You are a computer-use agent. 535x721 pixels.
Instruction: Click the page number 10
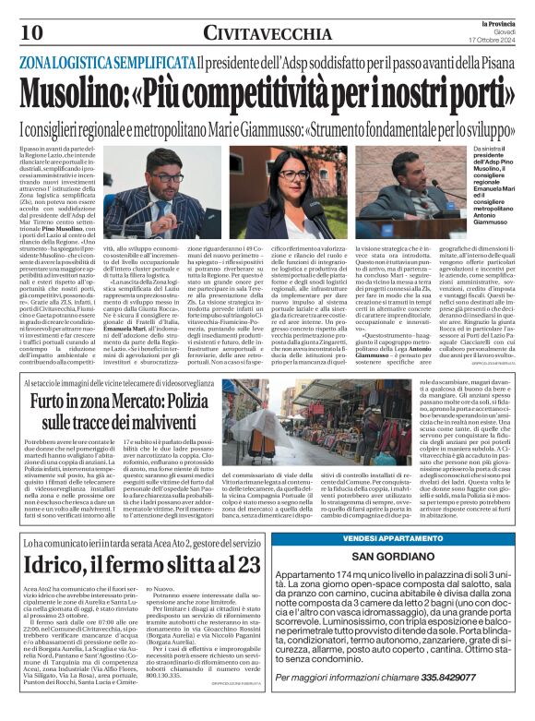[20, 31]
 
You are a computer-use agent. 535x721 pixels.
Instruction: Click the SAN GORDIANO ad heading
[400, 559]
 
